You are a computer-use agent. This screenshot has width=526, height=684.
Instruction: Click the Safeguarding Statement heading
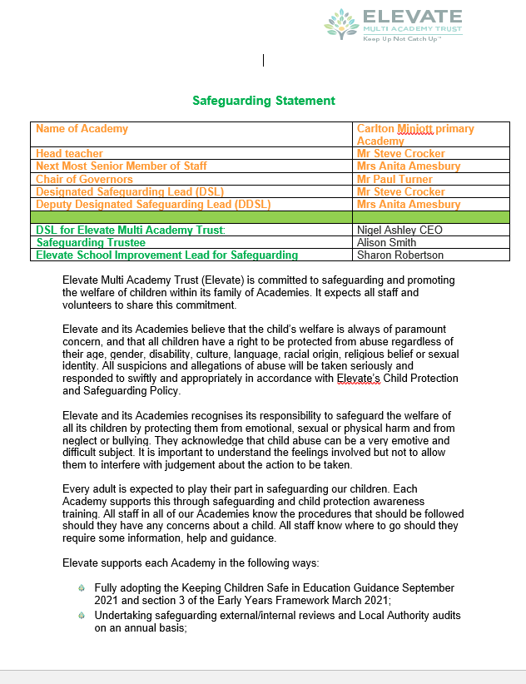click(263, 101)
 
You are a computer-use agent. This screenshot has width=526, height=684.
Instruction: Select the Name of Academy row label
click(82, 129)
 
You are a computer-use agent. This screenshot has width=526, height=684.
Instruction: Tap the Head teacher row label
click(69, 154)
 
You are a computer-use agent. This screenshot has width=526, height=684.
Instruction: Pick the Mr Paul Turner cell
click(394, 179)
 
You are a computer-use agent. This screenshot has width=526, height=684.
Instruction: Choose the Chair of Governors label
click(84, 179)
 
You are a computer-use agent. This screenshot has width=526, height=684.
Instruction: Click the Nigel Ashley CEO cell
click(399, 230)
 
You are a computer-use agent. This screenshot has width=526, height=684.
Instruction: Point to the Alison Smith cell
click(387, 242)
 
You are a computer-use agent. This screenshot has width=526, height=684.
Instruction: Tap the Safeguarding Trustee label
click(91, 242)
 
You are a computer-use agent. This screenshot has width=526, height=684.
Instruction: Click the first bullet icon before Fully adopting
click(81, 587)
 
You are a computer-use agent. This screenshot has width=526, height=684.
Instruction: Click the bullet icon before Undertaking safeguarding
click(81, 615)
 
